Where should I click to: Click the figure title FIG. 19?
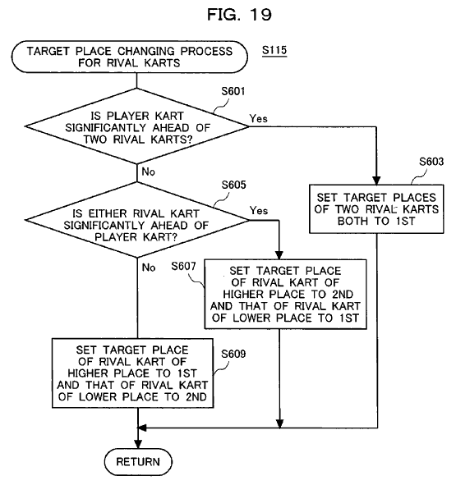[239, 15]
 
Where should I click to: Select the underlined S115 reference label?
[274, 50]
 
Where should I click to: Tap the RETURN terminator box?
[138, 462]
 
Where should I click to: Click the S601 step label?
[233, 91]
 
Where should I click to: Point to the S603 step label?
[431, 162]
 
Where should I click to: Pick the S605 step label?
[233, 185]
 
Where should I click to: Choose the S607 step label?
[183, 266]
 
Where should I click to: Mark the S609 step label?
[233, 354]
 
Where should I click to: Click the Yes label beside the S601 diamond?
[258, 118]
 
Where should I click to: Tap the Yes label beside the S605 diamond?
[259, 211]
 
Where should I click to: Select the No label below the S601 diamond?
[148, 172]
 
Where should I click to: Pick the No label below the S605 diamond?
[149, 268]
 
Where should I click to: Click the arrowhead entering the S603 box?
[376, 181]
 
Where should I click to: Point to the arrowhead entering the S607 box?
[279, 255]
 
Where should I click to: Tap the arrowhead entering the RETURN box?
[138, 444]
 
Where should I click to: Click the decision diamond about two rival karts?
[136, 126]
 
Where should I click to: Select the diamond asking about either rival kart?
[136, 220]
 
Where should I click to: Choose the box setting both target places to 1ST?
[376, 209]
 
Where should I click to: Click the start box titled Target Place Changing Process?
[130, 57]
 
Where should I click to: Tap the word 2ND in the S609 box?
[196, 397]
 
